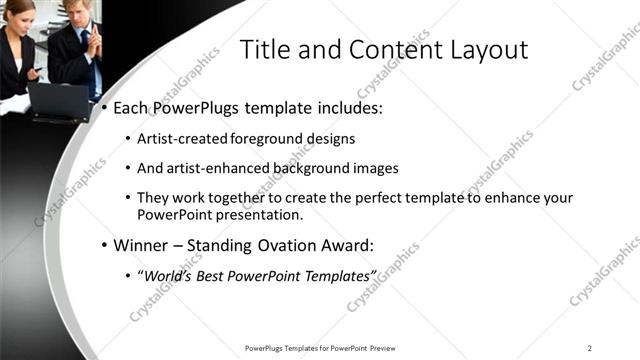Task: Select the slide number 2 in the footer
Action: (x=590, y=348)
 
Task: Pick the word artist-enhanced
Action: (x=211, y=169)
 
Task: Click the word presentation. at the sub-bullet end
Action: (x=256, y=214)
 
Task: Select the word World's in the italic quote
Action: (x=166, y=275)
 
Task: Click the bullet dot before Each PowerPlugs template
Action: (x=103, y=108)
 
